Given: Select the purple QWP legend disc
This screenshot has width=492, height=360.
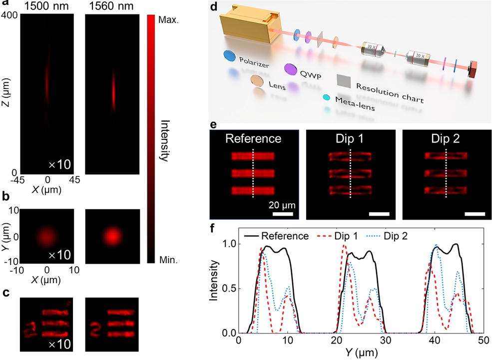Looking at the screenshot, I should point(291,68).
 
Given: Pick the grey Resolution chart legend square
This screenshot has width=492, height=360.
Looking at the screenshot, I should point(344,80).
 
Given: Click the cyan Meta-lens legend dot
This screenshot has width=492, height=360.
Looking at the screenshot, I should point(327,97).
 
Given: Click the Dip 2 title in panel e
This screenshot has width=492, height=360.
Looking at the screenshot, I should point(447,138).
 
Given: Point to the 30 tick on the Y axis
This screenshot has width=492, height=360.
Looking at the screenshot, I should point(386,341).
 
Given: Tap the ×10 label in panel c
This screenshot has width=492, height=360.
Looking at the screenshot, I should point(60,344).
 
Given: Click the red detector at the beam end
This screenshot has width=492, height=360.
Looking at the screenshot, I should point(473,69).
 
